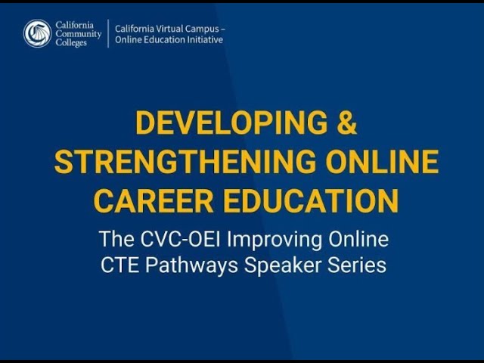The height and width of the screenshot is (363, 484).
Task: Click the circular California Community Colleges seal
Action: (37, 33)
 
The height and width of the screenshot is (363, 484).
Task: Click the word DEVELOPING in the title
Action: (231, 123)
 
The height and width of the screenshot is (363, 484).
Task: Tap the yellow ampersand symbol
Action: (347, 123)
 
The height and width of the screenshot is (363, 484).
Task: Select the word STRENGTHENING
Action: (185, 162)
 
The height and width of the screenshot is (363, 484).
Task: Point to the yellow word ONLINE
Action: (382, 162)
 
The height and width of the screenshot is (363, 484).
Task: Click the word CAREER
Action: (154, 201)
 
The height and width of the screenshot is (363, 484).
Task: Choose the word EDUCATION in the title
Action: (311, 201)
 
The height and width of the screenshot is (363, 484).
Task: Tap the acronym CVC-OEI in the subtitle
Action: (181, 239)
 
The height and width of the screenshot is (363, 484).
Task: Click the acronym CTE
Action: (119, 265)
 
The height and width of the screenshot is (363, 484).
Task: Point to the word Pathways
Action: (191, 266)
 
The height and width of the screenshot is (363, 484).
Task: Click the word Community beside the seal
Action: (79, 34)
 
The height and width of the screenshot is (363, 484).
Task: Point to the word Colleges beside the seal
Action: (71, 42)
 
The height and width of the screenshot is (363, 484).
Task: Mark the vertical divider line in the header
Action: (108, 33)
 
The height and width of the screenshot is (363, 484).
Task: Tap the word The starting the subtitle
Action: (116, 239)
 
